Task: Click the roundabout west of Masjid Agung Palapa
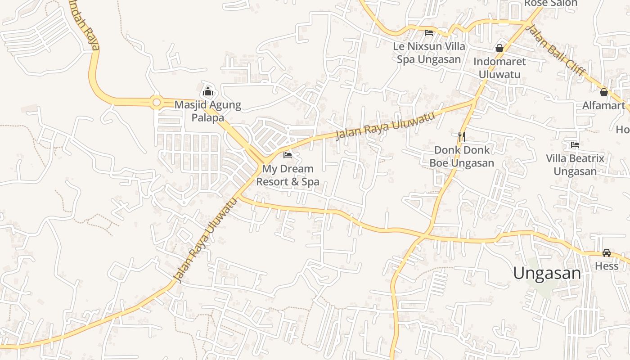point(156,103)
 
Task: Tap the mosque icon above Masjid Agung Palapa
point(208,92)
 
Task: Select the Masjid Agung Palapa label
point(208,111)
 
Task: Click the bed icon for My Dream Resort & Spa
point(288,156)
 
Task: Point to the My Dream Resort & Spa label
point(288,175)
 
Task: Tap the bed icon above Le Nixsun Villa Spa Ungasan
point(429,33)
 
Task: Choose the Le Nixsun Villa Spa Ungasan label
point(429,53)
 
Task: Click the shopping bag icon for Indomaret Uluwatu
point(499,48)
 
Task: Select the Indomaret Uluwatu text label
point(499,68)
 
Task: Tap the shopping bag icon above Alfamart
point(604,92)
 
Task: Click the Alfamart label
point(604,106)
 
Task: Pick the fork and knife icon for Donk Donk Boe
point(461,136)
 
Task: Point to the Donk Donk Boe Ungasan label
point(462,156)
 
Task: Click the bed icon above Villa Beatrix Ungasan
point(575,145)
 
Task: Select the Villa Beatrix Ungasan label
point(575,165)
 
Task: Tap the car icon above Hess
point(607,253)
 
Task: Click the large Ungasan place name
point(547,273)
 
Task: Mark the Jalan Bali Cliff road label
point(556,51)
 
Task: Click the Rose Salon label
point(551,4)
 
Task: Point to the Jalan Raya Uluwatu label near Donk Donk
point(385,126)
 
